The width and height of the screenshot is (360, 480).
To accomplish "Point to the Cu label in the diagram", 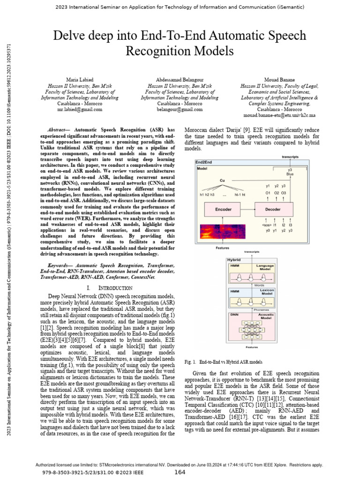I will pos(222,180).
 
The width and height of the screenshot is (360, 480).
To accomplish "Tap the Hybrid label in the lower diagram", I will pos(234,259).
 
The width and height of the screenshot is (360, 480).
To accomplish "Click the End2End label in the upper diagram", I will pos(204,162).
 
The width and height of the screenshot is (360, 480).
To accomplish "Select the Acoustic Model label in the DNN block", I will pos(266,316).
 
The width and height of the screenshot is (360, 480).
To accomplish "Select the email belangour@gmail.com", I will pos(180,109).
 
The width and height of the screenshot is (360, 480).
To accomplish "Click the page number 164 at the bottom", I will pos(180,472).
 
